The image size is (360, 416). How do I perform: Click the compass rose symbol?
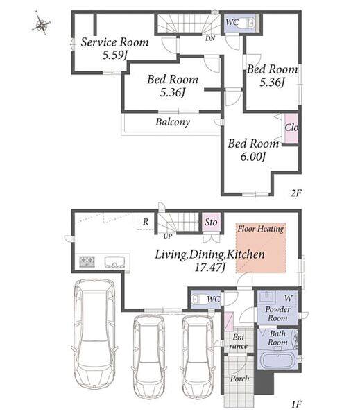click(x=42, y=24)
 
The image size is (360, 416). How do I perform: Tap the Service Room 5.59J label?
click(x=114, y=49)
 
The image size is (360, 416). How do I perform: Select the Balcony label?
click(x=173, y=122)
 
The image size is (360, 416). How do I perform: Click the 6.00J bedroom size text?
click(x=253, y=157)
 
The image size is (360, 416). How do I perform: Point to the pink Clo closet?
click(x=291, y=128)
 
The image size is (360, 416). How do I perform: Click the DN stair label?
click(x=210, y=38)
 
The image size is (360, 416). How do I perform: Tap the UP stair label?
click(x=168, y=236)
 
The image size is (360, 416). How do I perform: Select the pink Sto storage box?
click(x=211, y=223)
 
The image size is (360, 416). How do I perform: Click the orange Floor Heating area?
click(x=261, y=248)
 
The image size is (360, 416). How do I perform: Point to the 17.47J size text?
click(x=210, y=268)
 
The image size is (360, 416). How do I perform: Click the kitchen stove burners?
click(x=87, y=261)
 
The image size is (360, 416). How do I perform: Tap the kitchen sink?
click(x=114, y=262)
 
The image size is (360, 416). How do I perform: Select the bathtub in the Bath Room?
click(x=278, y=359)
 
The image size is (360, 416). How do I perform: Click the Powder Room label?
click(x=277, y=313)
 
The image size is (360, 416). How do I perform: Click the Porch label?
click(x=239, y=379)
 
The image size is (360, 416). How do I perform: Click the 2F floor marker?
click(x=296, y=193)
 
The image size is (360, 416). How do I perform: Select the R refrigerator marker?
click(x=146, y=222)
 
